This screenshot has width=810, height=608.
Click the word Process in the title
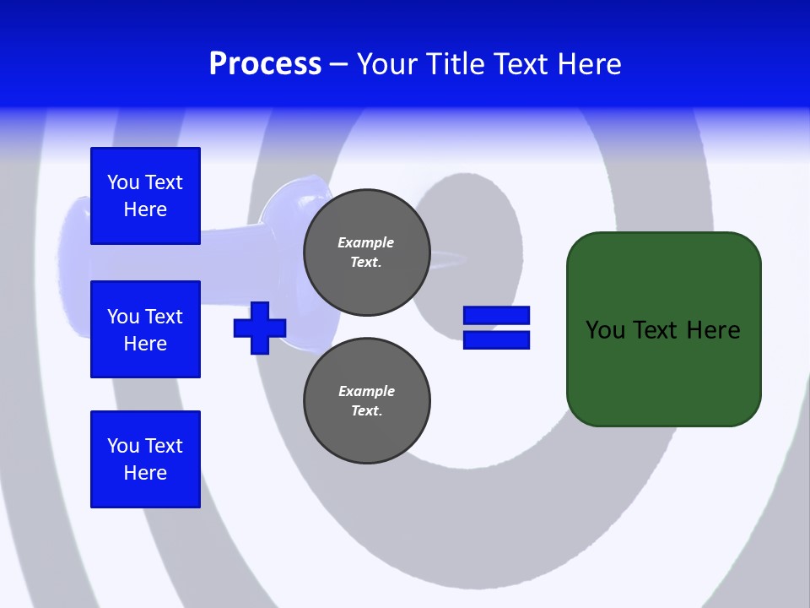click(x=265, y=64)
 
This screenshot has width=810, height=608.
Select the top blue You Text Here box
click(x=145, y=196)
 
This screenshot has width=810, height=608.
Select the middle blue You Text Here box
click(x=145, y=329)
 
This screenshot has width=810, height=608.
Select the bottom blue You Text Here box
click(x=145, y=459)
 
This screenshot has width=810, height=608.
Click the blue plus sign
click(x=260, y=328)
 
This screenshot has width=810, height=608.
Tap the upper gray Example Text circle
click(x=366, y=252)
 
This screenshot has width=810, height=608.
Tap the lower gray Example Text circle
click(x=366, y=401)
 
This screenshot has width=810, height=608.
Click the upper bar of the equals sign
click(x=496, y=315)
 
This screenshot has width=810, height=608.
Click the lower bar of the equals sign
click(x=496, y=339)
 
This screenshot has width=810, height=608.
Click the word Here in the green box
click(x=713, y=330)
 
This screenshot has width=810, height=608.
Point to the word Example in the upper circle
click(x=365, y=242)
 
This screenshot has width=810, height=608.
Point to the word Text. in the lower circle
click(x=366, y=411)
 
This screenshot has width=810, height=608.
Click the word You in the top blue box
click(x=123, y=182)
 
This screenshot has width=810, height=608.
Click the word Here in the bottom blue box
click(x=145, y=473)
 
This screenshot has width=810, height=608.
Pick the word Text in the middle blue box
click(x=163, y=317)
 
